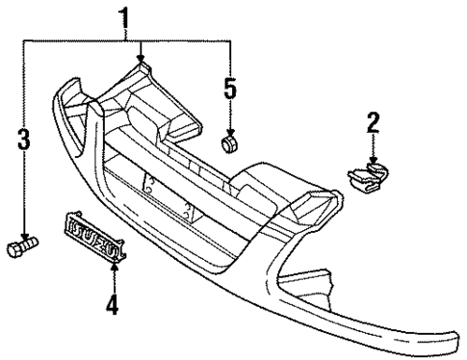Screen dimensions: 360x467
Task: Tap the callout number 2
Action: (x=373, y=121)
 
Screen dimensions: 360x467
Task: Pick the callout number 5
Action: (x=229, y=89)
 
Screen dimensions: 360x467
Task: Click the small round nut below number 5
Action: (x=230, y=144)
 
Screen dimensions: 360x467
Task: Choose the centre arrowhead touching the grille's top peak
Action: (x=143, y=60)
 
